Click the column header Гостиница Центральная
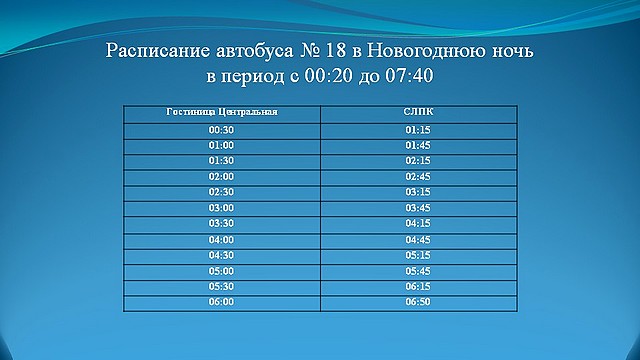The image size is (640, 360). pos(221,112)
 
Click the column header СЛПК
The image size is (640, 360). pos(418,112)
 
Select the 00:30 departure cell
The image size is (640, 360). pos(221,130)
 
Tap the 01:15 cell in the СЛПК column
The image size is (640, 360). pos(418,130)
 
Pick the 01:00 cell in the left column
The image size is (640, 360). pos(221,145)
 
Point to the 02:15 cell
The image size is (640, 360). pos(418,160)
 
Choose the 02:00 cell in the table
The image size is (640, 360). pos(221,176)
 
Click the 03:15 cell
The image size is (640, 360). pos(418,191)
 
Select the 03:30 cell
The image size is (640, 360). pos(221,222)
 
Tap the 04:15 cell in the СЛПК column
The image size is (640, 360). pos(418,222)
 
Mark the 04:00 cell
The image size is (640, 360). pos(221,240)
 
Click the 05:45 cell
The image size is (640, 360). pos(418,270)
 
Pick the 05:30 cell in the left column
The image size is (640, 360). pos(221,285)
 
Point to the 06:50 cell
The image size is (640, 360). pos(418,301)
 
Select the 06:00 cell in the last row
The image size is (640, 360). pos(221,301)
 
